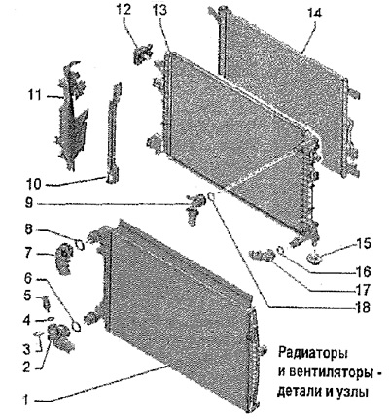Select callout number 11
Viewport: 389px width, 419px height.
click(x=34, y=96)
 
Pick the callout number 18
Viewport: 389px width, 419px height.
click(x=362, y=307)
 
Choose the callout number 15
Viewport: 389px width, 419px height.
click(x=363, y=243)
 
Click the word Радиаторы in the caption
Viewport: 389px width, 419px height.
click(x=313, y=352)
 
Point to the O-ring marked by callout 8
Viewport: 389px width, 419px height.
click(x=80, y=244)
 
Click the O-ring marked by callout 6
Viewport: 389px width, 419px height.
click(x=77, y=326)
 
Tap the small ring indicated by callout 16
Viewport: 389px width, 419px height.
click(x=281, y=250)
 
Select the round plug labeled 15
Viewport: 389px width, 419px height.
click(x=314, y=259)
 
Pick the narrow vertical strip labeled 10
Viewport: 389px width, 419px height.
click(x=115, y=132)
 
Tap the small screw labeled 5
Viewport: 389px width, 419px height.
click(x=47, y=303)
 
